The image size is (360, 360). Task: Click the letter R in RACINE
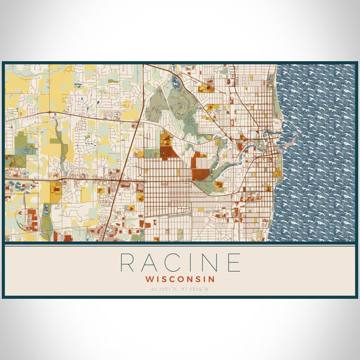click(127, 262)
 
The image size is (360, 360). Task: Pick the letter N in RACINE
click(210, 262)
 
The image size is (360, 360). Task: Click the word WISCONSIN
click(180, 278)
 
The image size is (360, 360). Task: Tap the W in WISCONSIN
click(149, 278)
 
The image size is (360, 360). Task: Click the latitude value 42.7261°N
click(165, 290)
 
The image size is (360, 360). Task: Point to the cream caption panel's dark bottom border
click(180, 297)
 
